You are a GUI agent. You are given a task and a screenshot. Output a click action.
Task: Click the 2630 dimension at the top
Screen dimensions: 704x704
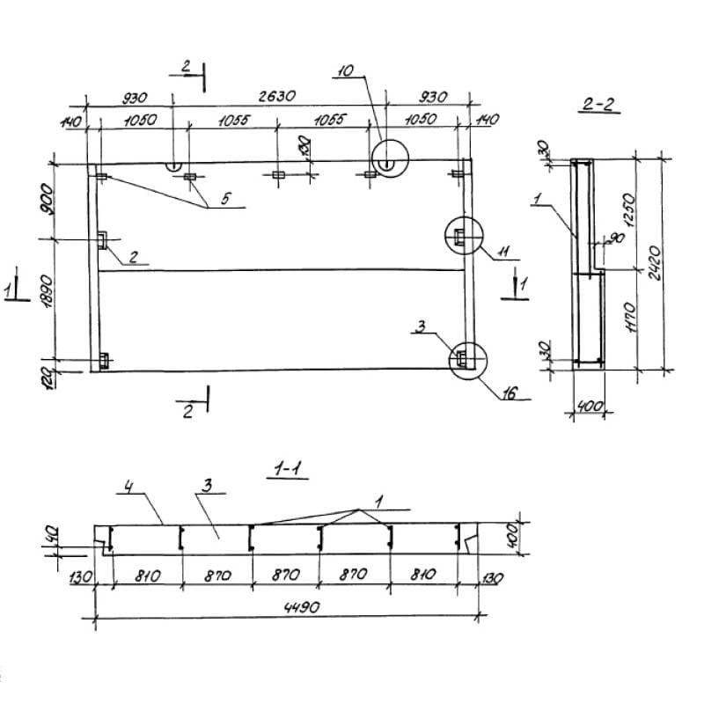tap(277, 96)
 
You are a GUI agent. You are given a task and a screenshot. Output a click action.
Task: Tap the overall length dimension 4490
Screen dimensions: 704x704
tap(302, 607)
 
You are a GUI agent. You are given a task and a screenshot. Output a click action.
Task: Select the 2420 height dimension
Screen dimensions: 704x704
tap(655, 262)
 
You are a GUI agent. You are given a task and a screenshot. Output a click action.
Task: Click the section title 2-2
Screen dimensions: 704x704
tap(598, 104)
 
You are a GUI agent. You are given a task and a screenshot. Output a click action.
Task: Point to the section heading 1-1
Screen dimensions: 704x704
tap(288, 470)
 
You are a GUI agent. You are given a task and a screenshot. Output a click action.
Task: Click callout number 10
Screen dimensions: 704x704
tap(346, 71)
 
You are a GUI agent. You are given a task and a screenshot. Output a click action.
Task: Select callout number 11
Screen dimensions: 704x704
tap(503, 252)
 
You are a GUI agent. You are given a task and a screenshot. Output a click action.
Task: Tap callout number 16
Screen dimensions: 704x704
tap(510, 393)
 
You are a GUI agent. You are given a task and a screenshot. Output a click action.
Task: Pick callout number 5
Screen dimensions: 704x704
tap(225, 199)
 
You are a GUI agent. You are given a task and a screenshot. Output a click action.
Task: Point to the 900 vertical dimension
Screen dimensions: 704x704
tap(47, 199)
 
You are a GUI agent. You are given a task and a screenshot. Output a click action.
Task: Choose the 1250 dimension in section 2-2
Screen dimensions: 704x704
tap(629, 210)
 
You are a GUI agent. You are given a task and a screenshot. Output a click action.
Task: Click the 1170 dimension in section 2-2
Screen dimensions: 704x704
tap(630, 317)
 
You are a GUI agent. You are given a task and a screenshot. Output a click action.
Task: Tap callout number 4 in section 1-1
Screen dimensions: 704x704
tap(128, 487)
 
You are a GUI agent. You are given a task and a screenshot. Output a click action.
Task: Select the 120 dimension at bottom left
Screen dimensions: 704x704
tap(50, 378)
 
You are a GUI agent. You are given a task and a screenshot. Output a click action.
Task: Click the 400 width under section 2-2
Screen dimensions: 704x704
tap(590, 407)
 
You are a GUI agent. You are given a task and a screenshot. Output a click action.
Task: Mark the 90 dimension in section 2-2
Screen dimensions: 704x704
tap(618, 238)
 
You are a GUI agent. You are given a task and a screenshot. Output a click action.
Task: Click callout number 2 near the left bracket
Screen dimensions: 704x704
tap(133, 256)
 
